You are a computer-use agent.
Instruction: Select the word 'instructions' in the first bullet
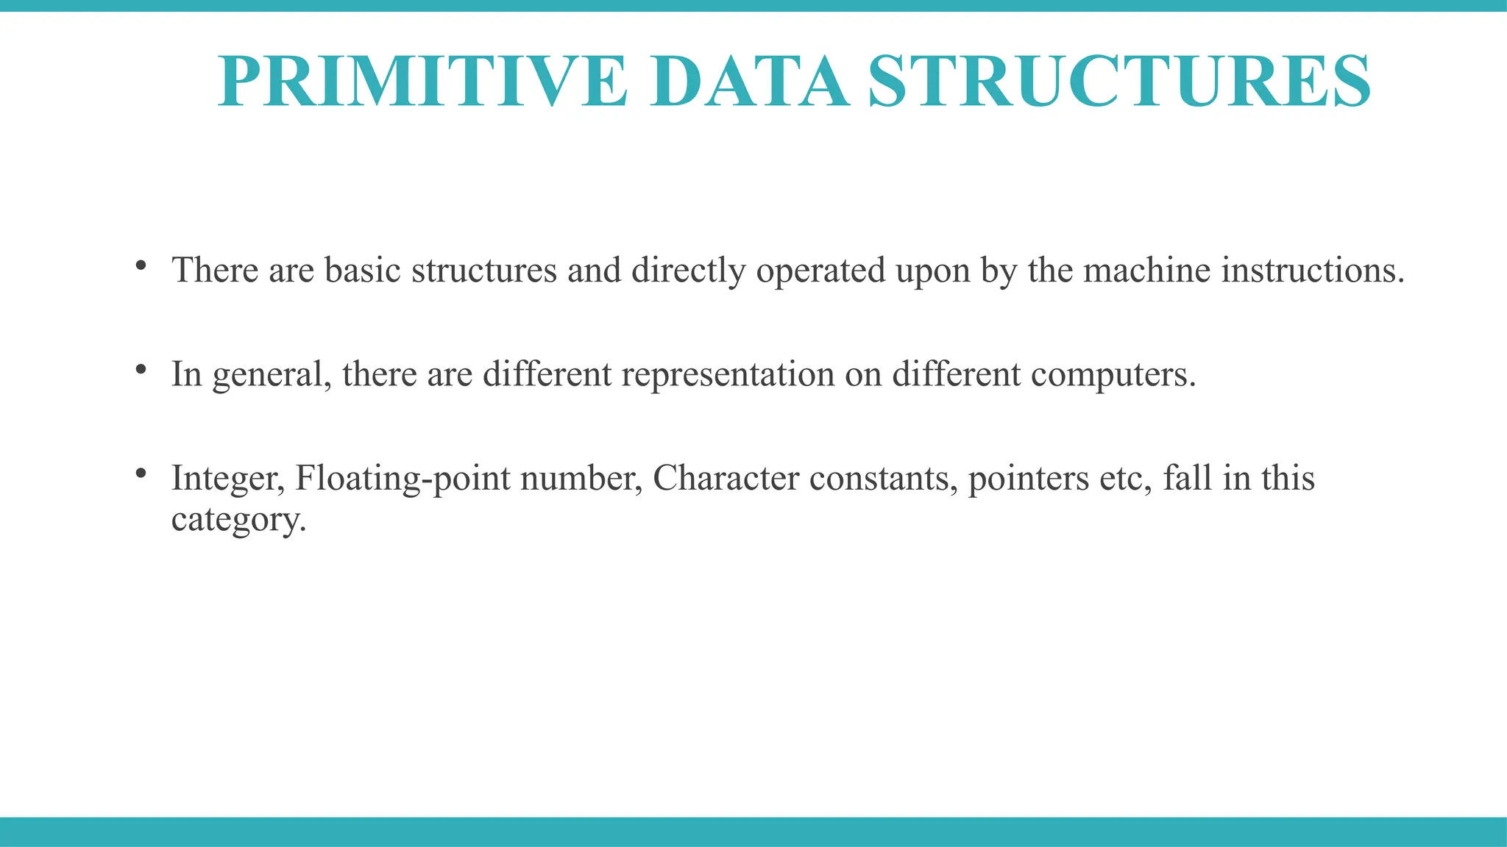(x=1312, y=270)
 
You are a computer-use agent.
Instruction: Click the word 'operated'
(x=820, y=271)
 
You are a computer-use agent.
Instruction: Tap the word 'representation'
(x=728, y=375)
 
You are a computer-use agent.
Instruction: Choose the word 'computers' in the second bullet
(x=1108, y=375)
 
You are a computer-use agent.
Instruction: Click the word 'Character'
(x=726, y=479)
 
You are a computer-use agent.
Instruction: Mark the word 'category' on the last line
(x=237, y=521)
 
